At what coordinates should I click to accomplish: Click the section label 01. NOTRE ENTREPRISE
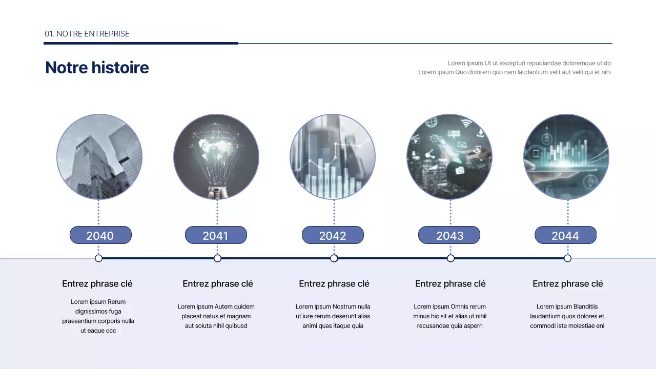[87, 34]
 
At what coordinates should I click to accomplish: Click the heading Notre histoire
[97, 67]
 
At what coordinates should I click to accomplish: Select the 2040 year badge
[100, 235]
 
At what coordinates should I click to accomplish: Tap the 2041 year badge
[216, 235]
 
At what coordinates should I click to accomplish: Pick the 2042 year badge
[333, 235]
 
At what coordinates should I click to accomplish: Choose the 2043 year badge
[449, 235]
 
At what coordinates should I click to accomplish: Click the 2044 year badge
[565, 235]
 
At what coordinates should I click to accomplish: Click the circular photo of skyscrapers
[99, 157]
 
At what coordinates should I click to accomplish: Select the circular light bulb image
[216, 157]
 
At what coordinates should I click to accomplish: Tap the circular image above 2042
[333, 157]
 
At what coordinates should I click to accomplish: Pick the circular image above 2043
[449, 157]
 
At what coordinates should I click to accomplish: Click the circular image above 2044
[566, 157]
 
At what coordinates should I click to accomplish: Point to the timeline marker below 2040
[99, 258]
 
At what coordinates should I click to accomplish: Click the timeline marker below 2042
[334, 258]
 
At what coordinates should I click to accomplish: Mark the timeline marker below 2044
[567, 258]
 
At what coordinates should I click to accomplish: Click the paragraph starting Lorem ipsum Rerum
[98, 316]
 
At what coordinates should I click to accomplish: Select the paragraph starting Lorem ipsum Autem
[216, 316]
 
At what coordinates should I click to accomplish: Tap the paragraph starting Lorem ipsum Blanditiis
[567, 316]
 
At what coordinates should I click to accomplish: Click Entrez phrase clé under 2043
[450, 284]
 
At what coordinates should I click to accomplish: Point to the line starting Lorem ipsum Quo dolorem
[514, 72]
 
